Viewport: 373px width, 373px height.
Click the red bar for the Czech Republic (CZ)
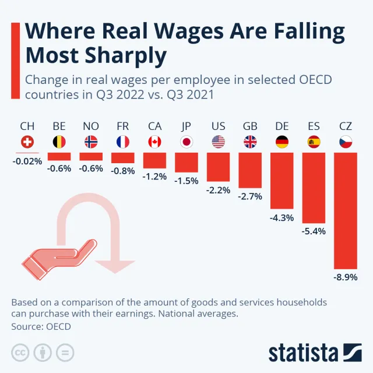[345, 210]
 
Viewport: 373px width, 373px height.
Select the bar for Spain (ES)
[314, 187]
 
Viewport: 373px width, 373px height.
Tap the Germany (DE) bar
[282, 180]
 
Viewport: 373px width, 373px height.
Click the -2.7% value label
[250, 196]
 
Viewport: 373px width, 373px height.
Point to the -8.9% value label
[345, 277]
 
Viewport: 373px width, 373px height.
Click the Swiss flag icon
[27, 142]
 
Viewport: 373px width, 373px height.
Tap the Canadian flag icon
[154, 142]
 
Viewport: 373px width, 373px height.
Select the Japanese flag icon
[186, 142]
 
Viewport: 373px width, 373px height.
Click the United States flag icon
[218, 142]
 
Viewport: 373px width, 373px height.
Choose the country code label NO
[91, 126]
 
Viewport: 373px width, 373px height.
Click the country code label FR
[122, 126]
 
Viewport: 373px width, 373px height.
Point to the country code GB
[250, 126]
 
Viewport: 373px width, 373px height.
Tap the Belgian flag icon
[59, 142]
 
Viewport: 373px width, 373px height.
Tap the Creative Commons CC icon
[21, 353]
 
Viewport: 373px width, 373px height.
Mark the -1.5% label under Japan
[186, 181]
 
